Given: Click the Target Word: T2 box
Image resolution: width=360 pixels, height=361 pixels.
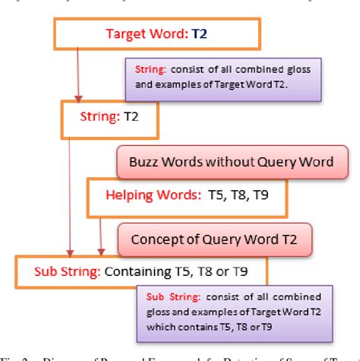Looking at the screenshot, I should (x=156, y=34).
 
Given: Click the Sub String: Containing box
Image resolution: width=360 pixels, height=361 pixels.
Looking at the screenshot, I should (x=141, y=271).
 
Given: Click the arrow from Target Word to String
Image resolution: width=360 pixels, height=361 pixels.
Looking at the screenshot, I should (x=77, y=76).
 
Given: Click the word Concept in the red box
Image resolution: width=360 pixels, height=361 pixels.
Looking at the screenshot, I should (x=155, y=239).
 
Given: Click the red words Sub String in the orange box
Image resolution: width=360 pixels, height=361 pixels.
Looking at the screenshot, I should (x=63, y=271).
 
